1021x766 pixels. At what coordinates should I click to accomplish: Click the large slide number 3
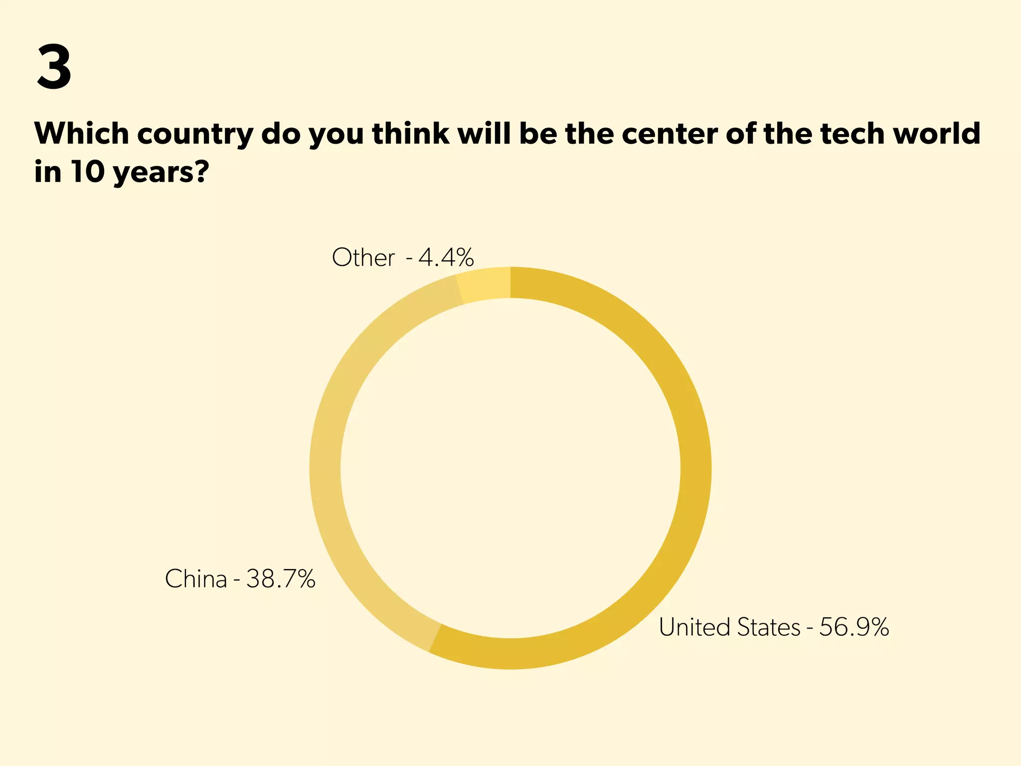coord(54,67)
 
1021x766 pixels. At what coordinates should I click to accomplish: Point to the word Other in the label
coord(363,258)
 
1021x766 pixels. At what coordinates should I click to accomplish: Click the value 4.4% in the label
coord(446,258)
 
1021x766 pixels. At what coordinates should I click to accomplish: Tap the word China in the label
coord(195,579)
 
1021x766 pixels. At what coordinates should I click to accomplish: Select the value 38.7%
coord(281,579)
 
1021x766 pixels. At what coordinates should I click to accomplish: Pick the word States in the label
coord(768,627)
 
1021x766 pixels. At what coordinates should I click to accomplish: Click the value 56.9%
coord(854,627)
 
